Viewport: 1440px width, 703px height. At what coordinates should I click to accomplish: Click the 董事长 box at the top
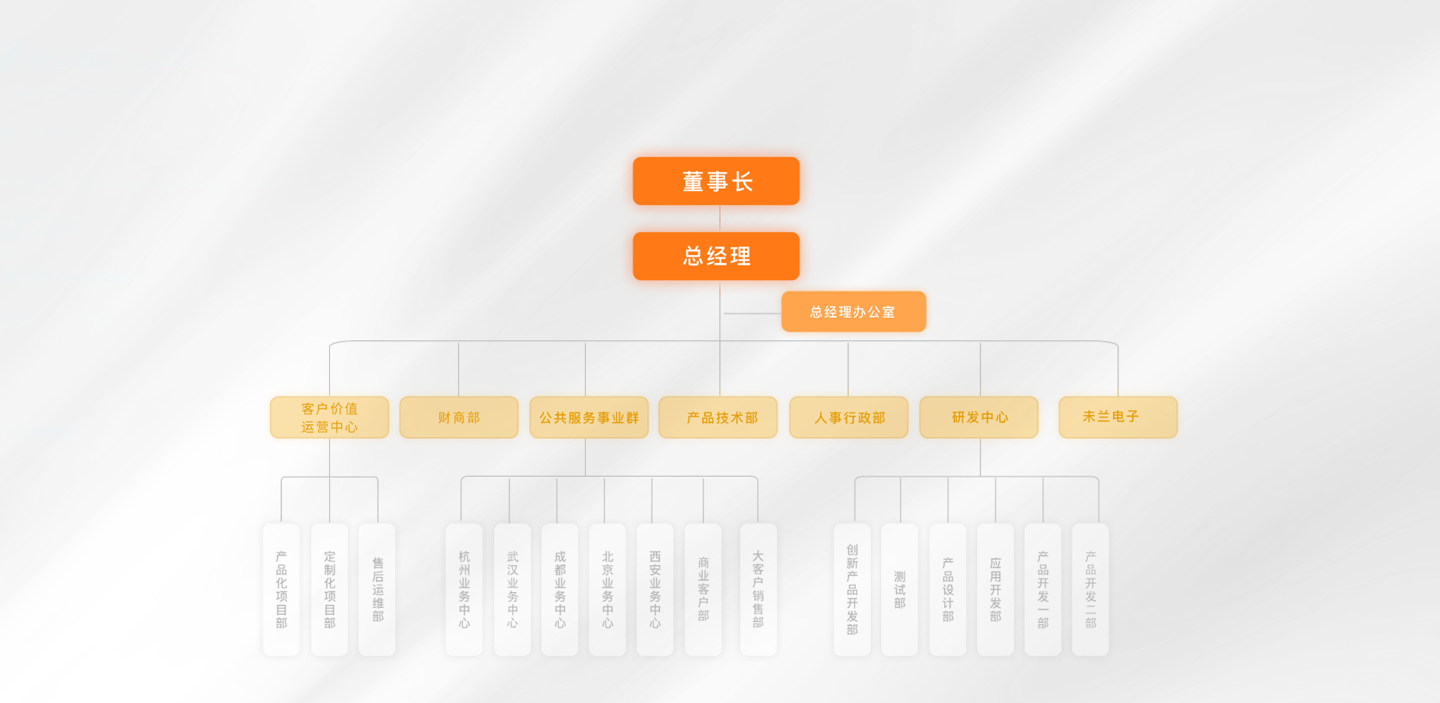(x=715, y=181)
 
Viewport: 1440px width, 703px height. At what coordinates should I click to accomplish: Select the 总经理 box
(x=715, y=256)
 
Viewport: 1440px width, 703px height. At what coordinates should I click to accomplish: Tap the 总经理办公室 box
(x=853, y=312)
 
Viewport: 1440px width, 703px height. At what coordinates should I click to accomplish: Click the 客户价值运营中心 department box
(x=329, y=417)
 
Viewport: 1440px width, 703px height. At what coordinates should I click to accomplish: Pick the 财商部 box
(x=458, y=417)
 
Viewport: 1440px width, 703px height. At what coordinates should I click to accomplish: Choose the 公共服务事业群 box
(x=589, y=417)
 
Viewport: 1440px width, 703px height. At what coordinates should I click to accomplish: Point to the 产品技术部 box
(x=718, y=417)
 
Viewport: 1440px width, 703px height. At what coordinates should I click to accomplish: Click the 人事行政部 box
(x=848, y=417)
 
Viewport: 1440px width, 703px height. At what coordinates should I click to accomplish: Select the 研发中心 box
(x=979, y=417)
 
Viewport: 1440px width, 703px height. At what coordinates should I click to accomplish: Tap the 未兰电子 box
(x=1117, y=417)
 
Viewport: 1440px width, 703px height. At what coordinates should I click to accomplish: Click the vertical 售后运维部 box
(x=377, y=590)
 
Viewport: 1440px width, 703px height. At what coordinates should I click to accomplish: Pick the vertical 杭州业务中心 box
(x=464, y=590)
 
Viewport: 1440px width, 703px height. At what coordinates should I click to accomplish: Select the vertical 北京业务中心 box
(x=607, y=590)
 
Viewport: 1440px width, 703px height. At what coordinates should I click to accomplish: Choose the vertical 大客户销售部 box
(x=758, y=590)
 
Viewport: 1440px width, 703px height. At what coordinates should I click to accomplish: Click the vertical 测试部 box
(x=899, y=590)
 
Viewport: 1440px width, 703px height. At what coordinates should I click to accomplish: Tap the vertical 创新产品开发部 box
(x=852, y=590)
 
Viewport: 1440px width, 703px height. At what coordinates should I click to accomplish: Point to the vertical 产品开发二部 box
(x=1090, y=590)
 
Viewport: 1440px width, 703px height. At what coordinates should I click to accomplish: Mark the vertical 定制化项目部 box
(x=329, y=590)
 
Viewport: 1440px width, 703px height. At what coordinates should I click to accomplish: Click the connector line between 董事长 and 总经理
(x=720, y=218)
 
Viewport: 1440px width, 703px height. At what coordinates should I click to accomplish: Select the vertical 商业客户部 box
(x=703, y=590)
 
